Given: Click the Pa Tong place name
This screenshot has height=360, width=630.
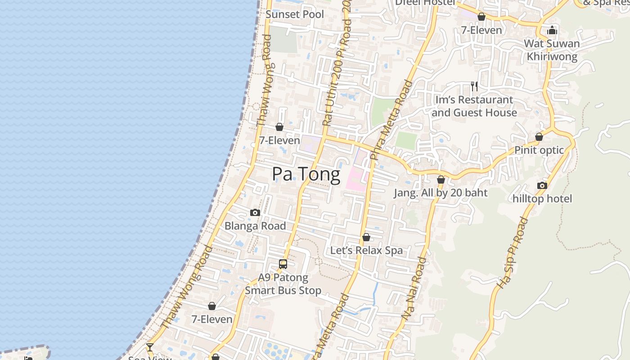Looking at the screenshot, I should pos(306,174).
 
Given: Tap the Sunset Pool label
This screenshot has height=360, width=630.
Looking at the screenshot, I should pos(295,14).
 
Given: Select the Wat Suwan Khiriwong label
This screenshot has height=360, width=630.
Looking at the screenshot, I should pos(552,50).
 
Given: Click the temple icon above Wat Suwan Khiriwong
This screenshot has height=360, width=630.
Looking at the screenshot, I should pos(552,31).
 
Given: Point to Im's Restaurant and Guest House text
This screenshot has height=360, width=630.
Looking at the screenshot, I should pos(474,106).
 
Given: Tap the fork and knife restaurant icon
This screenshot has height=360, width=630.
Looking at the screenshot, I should pos(474,86).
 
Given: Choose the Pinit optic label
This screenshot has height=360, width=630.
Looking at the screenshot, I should pos(539,150).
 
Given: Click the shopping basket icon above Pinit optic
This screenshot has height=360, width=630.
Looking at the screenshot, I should pos(539,137).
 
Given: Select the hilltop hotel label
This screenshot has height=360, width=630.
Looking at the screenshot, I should pos(542,198).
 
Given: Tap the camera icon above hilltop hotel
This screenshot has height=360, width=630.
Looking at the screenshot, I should pos(542,185).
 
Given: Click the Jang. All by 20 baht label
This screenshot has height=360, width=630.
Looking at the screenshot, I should pos(441,193).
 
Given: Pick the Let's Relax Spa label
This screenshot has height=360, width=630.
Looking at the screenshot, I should pos(366,250).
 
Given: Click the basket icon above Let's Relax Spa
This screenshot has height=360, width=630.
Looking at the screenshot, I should pos(366,237).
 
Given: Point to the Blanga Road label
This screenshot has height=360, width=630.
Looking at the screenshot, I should pos(255,226).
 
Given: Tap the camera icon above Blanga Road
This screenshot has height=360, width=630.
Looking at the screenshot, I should pos(255,213).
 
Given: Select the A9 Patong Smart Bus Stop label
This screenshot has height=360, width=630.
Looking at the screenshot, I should pos(283,284).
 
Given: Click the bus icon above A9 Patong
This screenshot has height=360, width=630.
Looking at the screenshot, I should pos(283,264).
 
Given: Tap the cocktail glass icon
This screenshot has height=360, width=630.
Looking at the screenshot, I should pos(149,347).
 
